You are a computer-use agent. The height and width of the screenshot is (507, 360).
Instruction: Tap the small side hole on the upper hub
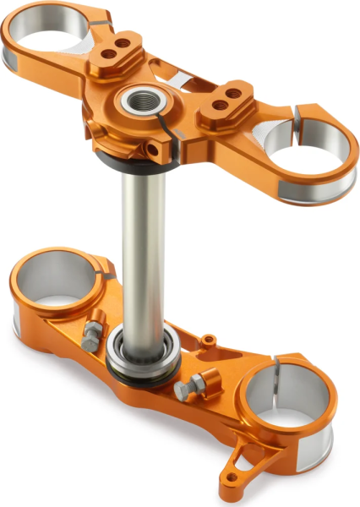click(153, 151)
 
